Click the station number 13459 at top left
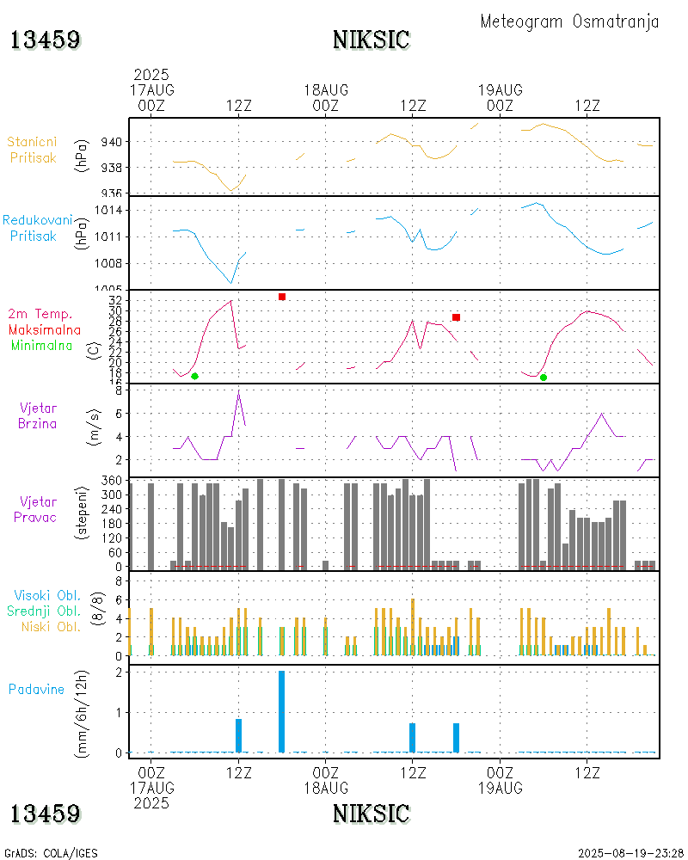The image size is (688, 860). pos(46,40)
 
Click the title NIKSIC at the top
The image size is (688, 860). pos(371,40)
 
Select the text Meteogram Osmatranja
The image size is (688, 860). pos(569,21)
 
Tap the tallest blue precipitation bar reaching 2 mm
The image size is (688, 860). pos(281,711)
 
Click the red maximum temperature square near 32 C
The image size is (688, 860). pos(281,297)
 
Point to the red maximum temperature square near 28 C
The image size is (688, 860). pos(456,317)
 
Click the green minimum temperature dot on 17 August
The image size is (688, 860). pos(194,376)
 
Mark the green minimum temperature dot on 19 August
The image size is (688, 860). pos(543,377)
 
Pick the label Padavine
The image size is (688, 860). pos(36,689)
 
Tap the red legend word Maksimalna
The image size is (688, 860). pos(45,329)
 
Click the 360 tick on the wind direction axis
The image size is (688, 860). pos(112,481)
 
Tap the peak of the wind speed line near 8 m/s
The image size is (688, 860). pos(238,393)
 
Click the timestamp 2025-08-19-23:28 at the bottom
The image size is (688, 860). pos(631,853)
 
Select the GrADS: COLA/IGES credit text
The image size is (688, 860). pos(51,853)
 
